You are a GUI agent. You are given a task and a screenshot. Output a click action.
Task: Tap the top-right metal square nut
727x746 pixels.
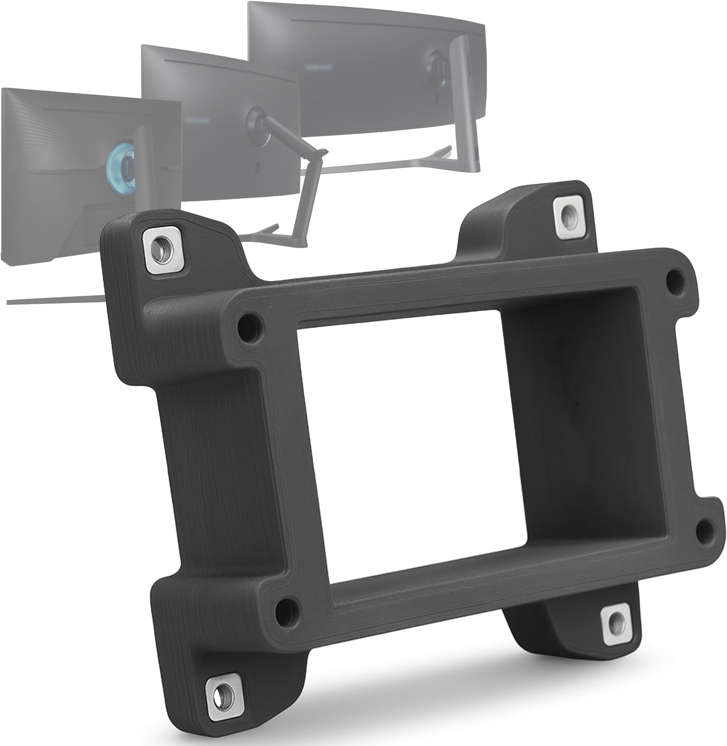point(569,217)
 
